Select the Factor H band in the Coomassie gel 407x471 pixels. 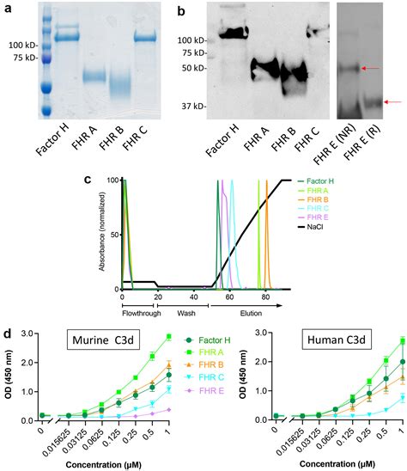67,37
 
